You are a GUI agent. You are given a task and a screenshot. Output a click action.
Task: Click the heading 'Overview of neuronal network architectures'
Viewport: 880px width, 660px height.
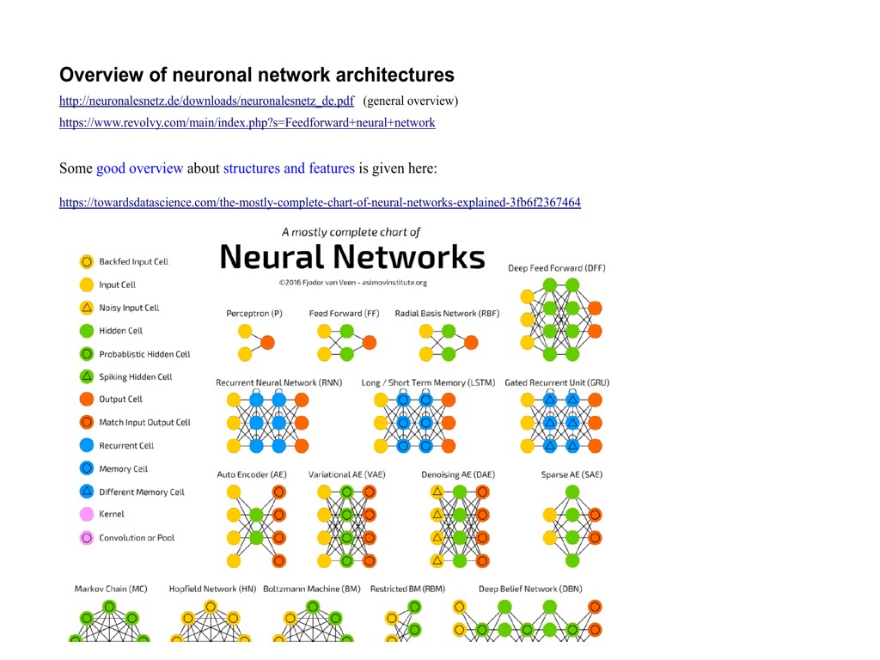(x=256, y=75)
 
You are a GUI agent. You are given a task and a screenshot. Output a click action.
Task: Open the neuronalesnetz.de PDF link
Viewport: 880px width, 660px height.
(x=206, y=101)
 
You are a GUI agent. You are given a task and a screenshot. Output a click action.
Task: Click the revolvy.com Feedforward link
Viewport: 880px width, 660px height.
(x=247, y=123)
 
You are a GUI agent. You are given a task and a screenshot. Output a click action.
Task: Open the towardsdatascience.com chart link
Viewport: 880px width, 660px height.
(x=320, y=203)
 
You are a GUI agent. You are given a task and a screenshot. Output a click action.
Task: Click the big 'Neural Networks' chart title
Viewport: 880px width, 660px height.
(x=352, y=256)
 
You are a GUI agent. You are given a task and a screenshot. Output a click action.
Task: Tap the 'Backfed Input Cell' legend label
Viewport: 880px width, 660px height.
(x=133, y=262)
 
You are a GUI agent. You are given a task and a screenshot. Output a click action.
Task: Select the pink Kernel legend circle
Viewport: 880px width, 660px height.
(x=86, y=515)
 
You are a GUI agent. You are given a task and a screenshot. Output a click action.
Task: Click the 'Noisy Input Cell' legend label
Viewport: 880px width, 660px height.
(x=129, y=308)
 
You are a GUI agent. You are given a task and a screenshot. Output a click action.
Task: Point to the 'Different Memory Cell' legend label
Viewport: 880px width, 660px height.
(x=142, y=492)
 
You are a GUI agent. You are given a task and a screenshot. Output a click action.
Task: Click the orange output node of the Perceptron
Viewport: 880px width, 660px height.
(x=267, y=342)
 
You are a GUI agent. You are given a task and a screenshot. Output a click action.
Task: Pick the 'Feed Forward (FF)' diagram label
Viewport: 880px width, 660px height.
(x=344, y=314)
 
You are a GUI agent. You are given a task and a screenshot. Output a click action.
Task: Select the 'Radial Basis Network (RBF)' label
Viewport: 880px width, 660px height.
(x=447, y=314)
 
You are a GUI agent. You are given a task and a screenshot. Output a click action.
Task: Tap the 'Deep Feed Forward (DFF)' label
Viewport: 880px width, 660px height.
(x=557, y=268)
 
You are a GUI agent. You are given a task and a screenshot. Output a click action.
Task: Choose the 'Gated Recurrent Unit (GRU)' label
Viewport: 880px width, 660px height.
(x=557, y=382)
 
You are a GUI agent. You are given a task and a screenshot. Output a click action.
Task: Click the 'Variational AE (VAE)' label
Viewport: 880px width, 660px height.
(x=347, y=474)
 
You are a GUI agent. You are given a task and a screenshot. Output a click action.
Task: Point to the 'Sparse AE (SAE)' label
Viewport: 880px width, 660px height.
(x=571, y=474)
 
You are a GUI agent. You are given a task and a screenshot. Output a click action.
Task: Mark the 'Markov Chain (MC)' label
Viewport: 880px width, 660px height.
(x=111, y=589)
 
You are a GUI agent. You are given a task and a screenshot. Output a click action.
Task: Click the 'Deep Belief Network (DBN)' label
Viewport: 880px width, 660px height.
(x=530, y=589)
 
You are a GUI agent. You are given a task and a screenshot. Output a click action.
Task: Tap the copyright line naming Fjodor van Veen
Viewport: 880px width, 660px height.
(x=352, y=282)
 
